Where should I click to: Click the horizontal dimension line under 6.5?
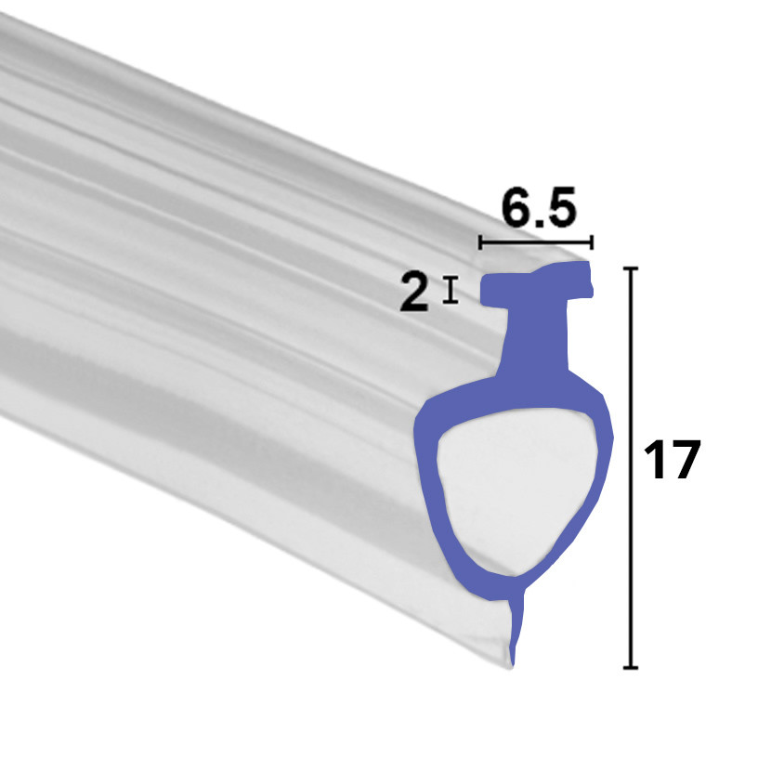click(x=536, y=243)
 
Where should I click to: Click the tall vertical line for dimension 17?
click(x=633, y=464)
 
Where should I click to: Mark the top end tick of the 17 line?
click(x=633, y=268)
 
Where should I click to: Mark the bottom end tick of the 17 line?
click(x=633, y=667)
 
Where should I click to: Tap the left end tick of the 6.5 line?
click(x=480, y=243)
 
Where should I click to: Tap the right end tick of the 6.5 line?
click(x=592, y=243)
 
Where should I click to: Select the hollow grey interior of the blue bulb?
click(x=516, y=488)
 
